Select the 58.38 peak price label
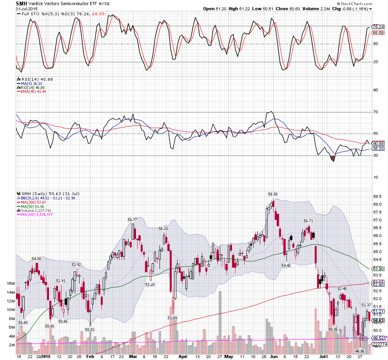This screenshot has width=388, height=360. (272, 194)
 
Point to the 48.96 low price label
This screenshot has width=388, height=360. (361, 351)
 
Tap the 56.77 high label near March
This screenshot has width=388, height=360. (132, 220)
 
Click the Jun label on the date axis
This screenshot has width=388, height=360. (272, 357)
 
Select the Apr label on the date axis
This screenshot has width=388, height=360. (181, 357)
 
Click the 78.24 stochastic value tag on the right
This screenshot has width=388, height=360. (378, 27)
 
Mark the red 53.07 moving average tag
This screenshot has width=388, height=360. (378, 282)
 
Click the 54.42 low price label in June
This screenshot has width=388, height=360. (286, 265)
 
